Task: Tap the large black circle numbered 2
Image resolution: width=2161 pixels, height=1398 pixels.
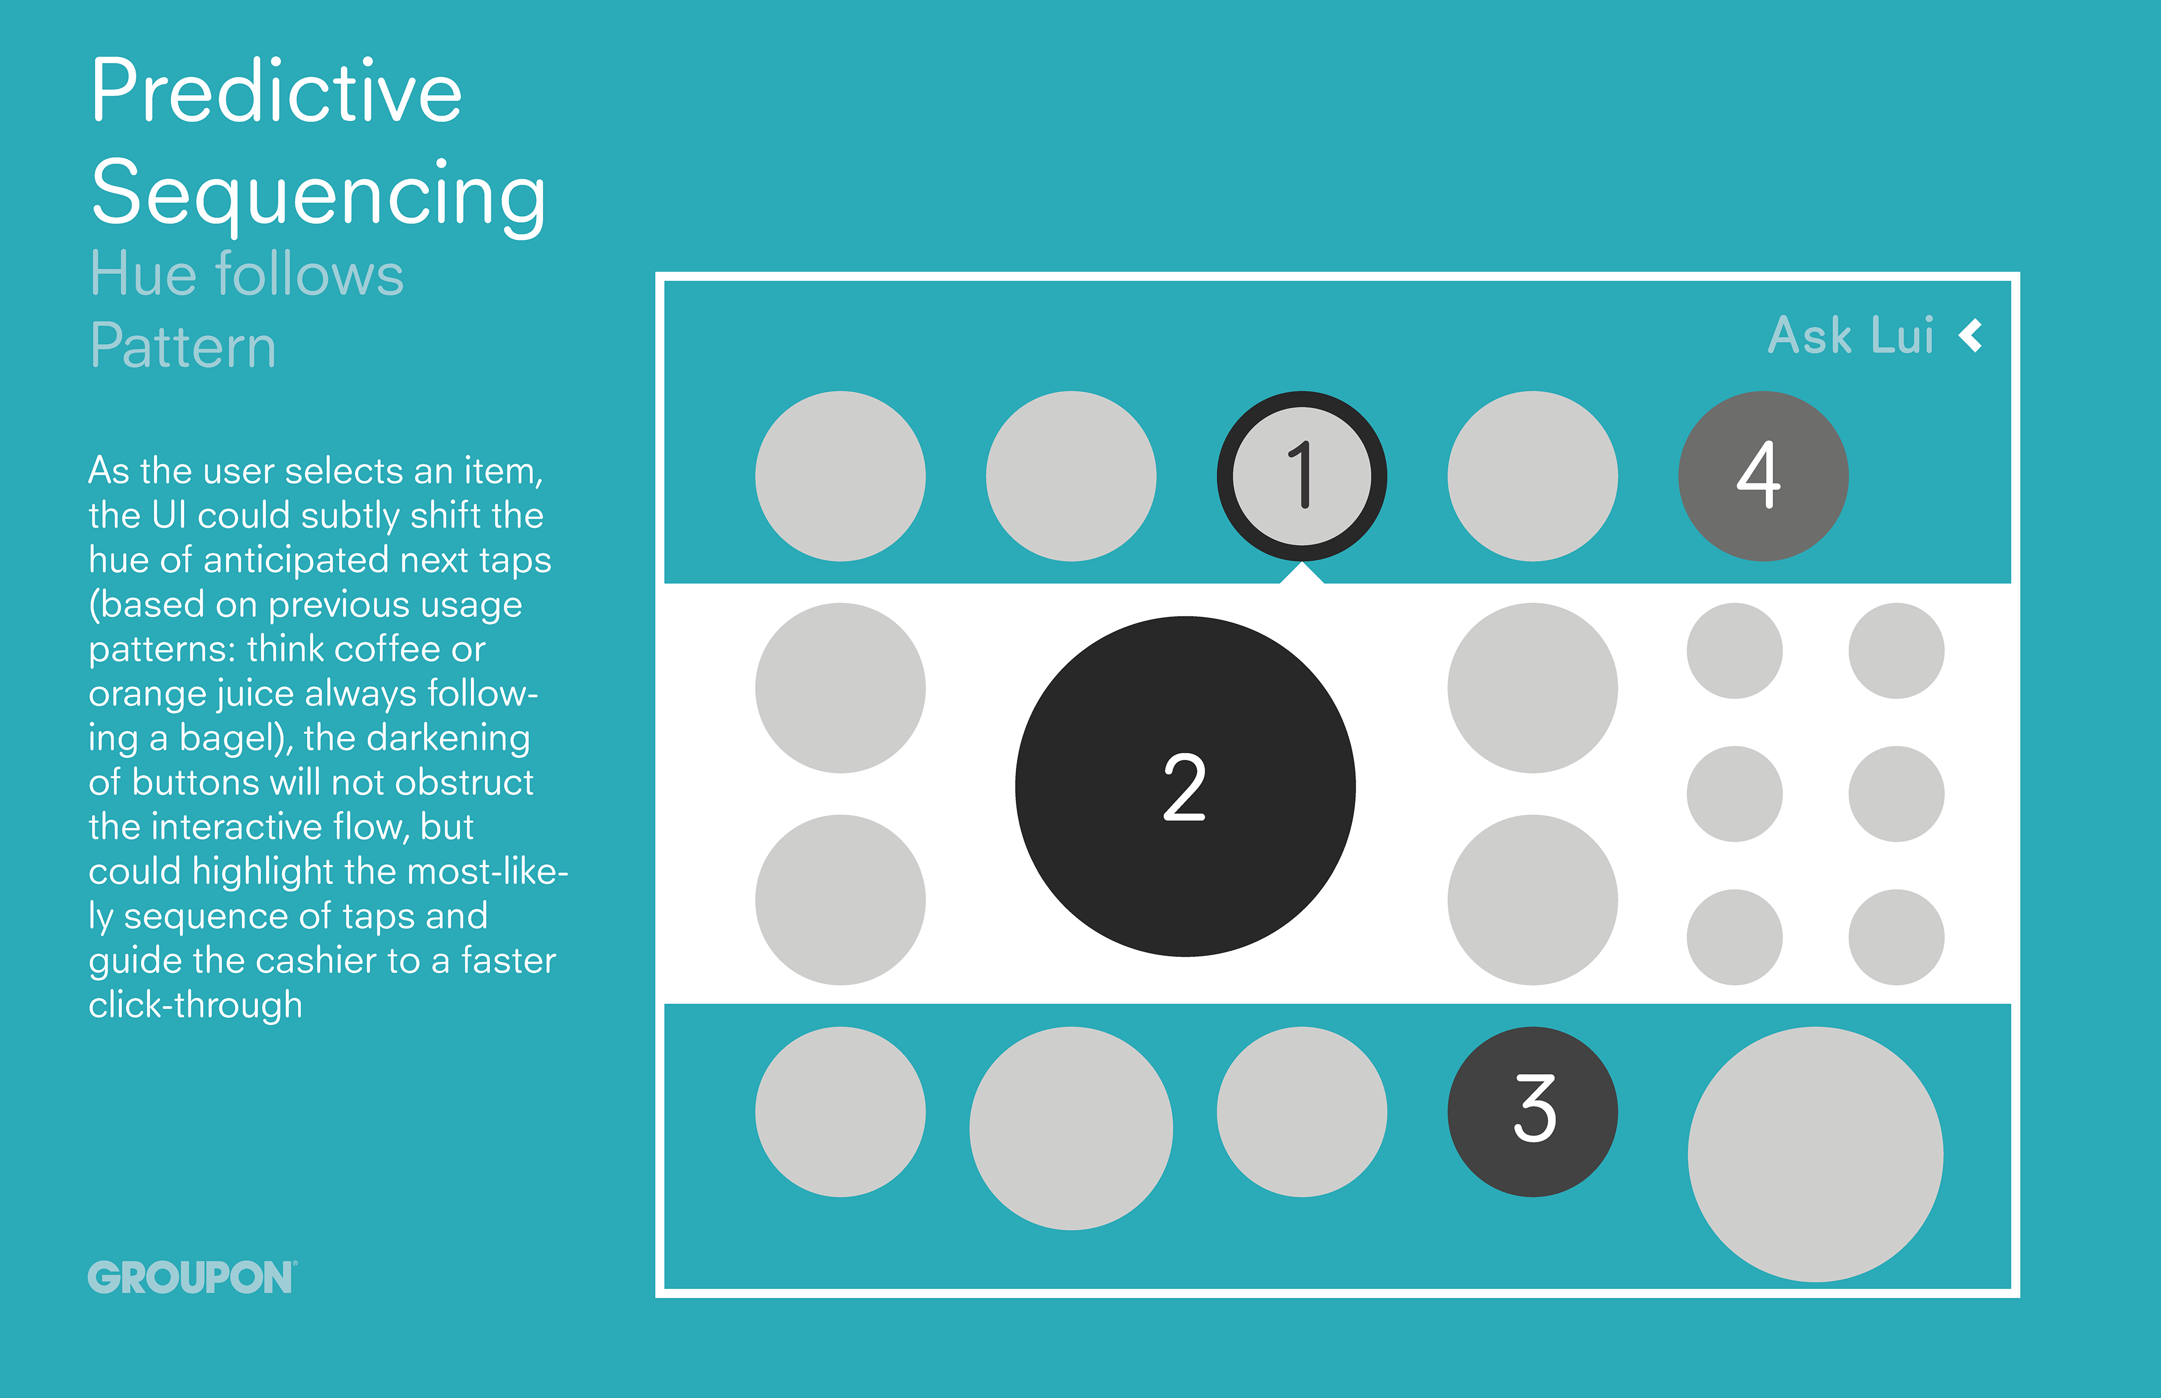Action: (1185, 786)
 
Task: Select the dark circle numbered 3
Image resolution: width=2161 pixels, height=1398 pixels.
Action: (1532, 1111)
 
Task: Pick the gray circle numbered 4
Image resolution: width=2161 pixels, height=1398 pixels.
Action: (1763, 476)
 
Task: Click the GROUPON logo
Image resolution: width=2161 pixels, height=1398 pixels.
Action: (191, 1277)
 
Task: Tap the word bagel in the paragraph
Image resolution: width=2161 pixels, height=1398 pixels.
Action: (235, 738)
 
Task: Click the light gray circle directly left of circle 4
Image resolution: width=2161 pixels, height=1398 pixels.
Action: (1532, 476)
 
